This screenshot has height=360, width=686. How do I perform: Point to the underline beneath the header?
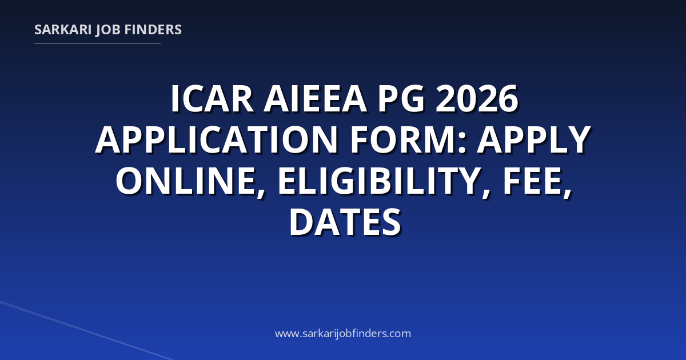(x=97, y=43)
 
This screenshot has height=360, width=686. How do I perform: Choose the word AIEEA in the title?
(x=316, y=99)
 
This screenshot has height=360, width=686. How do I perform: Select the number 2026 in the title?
(x=477, y=99)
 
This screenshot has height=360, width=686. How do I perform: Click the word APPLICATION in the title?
(x=217, y=139)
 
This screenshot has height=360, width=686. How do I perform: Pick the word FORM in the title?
(x=404, y=139)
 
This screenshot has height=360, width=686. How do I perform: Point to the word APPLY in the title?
(x=534, y=139)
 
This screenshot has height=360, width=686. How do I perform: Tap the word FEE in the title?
(x=533, y=181)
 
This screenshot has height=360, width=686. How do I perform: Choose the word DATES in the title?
(x=345, y=222)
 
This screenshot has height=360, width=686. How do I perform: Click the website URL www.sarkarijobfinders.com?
(x=343, y=333)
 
